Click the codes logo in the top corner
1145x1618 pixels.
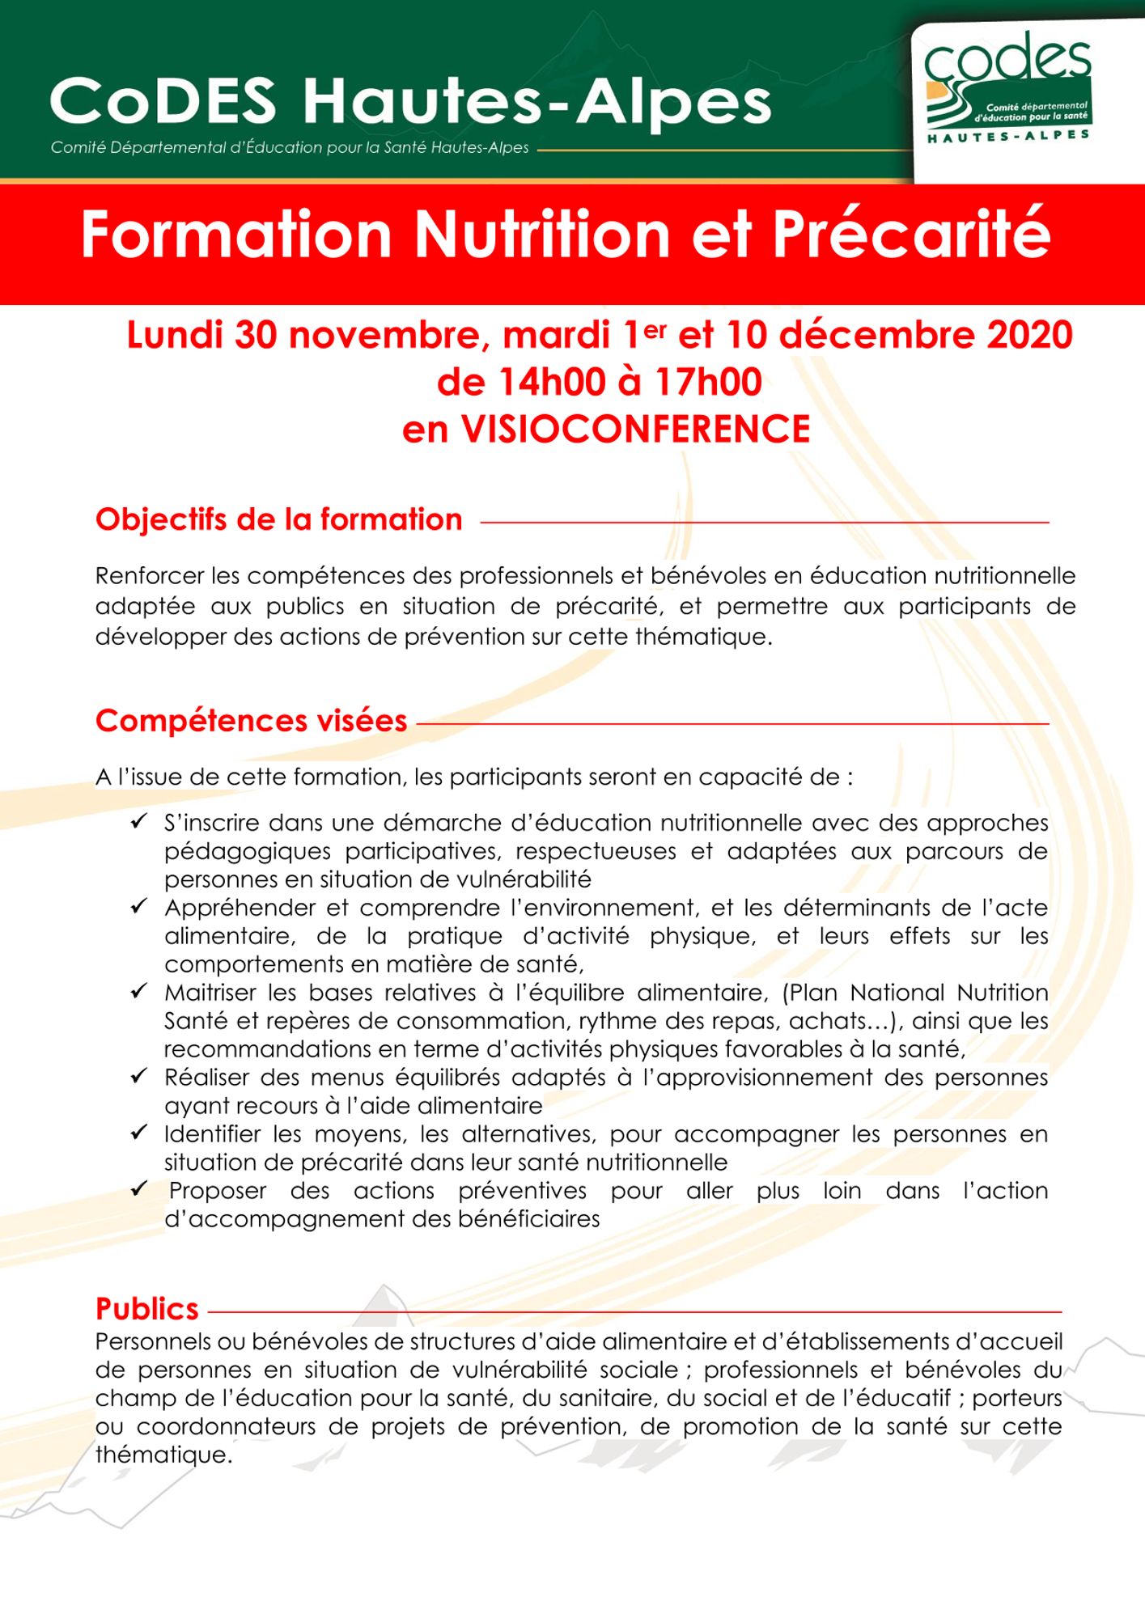[x=1007, y=89]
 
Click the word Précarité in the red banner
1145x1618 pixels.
[x=911, y=235]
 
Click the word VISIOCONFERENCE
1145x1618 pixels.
[x=635, y=430]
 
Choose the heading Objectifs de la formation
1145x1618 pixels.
[x=278, y=519]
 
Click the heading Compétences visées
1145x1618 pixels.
[x=251, y=721]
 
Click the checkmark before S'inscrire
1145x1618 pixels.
[x=139, y=822]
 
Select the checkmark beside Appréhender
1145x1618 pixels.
[x=139, y=906]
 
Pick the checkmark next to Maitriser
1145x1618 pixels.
[x=139, y=991]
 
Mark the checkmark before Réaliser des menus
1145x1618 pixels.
[x=139, y=1076]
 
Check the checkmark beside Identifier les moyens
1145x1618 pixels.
[x=139, y=1133]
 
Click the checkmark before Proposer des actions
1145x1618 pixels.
[x=139, y=1189]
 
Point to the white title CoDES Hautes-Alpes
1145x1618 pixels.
[x=410, y=103]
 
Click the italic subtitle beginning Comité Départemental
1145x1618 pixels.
[x=290, y=148]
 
